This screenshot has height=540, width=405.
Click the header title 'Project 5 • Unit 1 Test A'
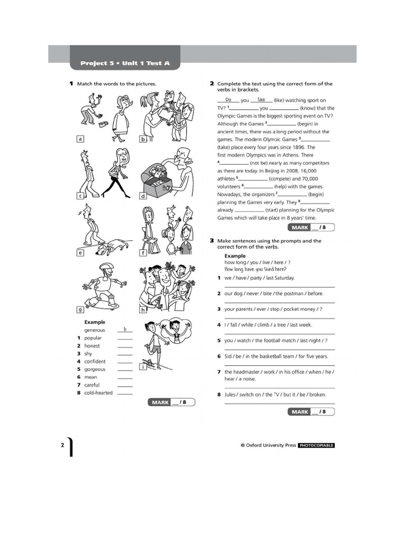[125, 63]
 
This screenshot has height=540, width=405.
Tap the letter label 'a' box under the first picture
[81, 139]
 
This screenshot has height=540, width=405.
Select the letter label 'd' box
[142, 196]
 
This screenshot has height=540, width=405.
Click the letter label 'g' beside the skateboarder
[81, 310]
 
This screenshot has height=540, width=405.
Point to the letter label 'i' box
[142, 367]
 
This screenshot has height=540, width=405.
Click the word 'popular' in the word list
[93, 338]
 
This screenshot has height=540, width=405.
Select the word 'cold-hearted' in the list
[99, 393]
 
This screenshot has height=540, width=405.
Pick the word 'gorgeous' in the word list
[95, 369]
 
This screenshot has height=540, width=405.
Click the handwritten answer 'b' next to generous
[125, 329]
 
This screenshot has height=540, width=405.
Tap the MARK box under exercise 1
[171, 402]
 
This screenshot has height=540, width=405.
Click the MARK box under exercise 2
[311, 228]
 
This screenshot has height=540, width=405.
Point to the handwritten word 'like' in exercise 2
[261, 99]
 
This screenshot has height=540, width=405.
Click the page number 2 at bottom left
[62, 445]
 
